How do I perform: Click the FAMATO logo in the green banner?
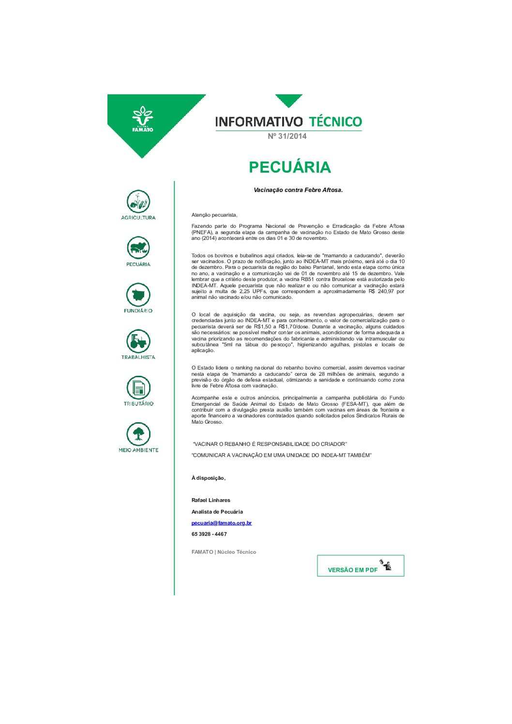pos(142,119)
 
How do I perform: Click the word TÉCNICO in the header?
pos(335,121)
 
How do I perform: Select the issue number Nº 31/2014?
pos(287,136)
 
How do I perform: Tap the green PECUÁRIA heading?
pos(289,167)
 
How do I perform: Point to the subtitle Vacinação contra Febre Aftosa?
pos(298,190)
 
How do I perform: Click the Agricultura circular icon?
pos(138,202)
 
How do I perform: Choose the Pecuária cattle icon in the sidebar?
pos(138,248)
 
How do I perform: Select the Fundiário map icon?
pos(138,295)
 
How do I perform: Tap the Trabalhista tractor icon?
pos(138,341)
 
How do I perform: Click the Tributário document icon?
pos(138,388)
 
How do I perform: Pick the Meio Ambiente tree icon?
pos(138,434)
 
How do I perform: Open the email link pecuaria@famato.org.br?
pos(222,523)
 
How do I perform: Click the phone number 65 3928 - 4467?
pos(209,534)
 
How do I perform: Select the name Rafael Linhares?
pos(211,500)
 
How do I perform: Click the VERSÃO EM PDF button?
pos(360,566)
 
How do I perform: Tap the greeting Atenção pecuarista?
pos(214,215)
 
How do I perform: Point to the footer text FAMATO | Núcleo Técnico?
pos(224,552)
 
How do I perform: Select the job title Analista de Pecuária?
pos(217,512)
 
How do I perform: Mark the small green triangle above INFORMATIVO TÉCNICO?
pos(289,100)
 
